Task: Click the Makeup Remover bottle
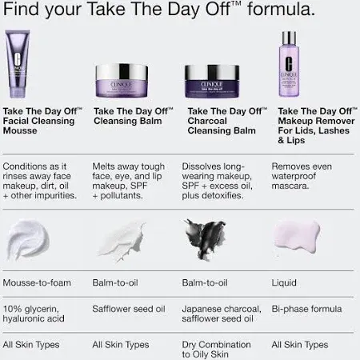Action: pos(291,66)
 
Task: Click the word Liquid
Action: pos(284,282)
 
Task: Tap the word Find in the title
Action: pos(22,11)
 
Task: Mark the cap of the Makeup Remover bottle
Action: pos(291,38)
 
